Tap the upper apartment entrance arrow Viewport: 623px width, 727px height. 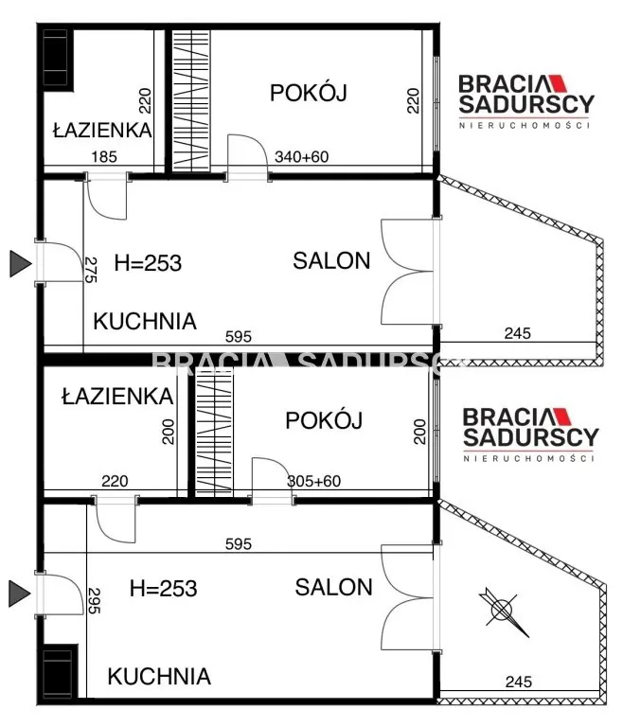(x=19, y=263)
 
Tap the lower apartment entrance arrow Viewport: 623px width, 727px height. (x=19, y=594)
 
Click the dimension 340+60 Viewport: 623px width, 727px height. (x=300, y=157)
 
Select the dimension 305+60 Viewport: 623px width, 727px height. (x=313, y=481)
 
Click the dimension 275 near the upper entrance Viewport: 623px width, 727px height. (x=91, y=270)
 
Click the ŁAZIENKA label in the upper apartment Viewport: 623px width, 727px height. (x=101, y=130)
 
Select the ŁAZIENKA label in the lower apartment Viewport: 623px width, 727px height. (x=117, y=397)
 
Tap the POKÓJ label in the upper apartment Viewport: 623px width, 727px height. (x=309, y=93)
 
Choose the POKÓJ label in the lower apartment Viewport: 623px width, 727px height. (x=324, y=420)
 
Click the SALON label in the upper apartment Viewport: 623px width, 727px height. (x=331, y=261)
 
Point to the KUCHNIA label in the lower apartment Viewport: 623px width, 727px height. (x=158, y=677)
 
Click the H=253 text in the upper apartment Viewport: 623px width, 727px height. (x=147, y=262)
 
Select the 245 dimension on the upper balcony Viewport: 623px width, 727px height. (x=517, y=333)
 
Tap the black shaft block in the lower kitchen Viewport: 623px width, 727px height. (x=58, y=672)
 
